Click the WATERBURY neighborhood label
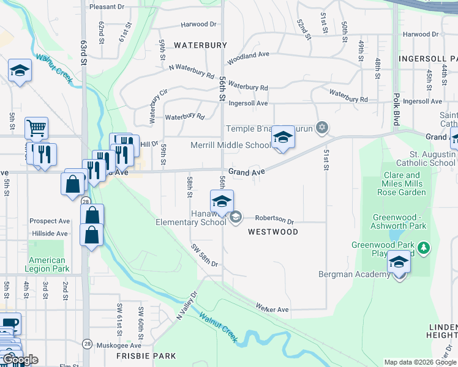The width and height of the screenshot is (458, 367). click(x=200, y=45)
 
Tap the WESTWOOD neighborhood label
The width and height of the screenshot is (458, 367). click(x=273, y=232)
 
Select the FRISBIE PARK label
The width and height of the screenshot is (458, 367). click(x=147, y=356)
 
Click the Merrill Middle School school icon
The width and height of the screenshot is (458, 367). click(x=283, y=138)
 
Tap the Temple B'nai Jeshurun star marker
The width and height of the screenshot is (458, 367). click(x=321, y=128)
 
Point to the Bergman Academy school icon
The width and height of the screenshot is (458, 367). click(x=399, y=263)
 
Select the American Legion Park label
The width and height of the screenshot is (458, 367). click(x=47, y=264)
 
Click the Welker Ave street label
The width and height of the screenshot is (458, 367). click(x=272, y=310)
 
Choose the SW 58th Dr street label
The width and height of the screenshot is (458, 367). click(x=205, y=256)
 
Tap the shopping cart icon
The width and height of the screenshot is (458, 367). click(x=36, y=128)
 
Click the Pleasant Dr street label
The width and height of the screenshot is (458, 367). click(x=107, y=7)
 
